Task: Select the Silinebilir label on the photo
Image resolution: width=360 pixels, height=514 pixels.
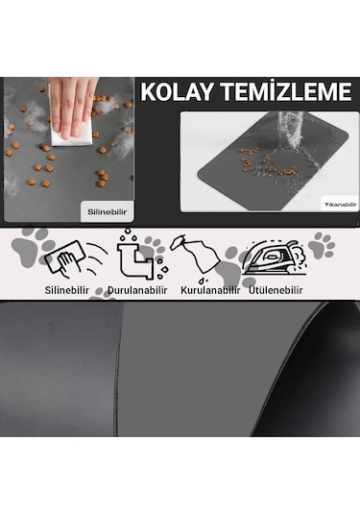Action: tap(107, 208)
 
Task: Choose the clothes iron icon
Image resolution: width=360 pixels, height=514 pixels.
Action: tap(274, 257)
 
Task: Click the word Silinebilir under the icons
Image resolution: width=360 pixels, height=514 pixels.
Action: tap(69, 289)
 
